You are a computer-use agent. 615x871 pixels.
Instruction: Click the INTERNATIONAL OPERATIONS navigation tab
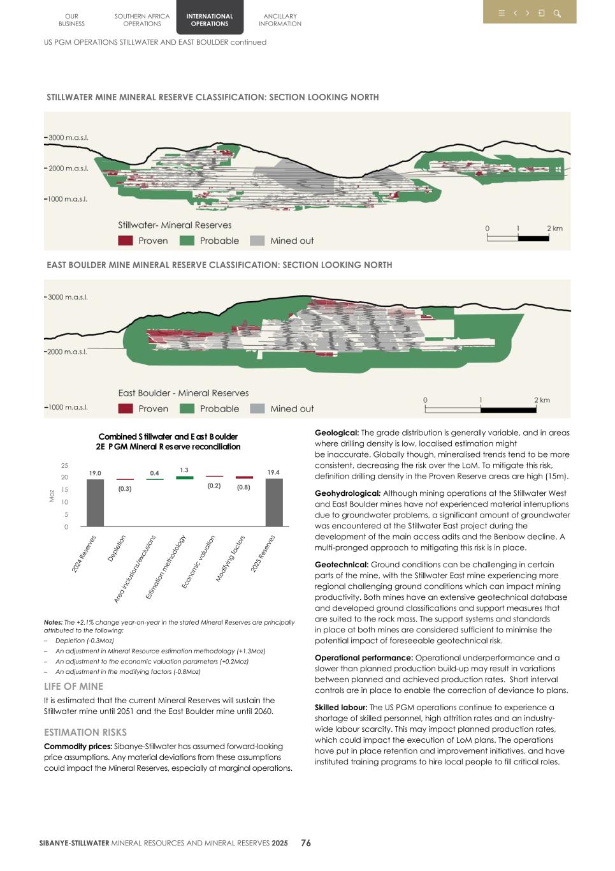pyautogui.click(x=209, y=20)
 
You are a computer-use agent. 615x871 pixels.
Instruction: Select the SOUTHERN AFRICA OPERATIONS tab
pyautogui.click(x=142, y=20)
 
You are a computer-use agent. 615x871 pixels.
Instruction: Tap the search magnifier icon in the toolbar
pyautogui.click(x=557, y=13)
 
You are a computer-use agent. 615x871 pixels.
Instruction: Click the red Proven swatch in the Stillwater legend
pyautogui.click(x=126, y=241)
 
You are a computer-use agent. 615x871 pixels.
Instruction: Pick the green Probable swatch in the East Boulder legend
pyautogui.click(x=187, y=408)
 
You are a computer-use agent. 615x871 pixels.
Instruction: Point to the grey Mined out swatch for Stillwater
pyautogui.click(x=257, y=241)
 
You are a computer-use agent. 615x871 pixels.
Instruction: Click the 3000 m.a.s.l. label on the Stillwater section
pyautogui.click(x=68, y=138)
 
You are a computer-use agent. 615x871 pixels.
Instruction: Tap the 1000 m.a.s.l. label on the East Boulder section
pyautogui.click(x=67, y=407)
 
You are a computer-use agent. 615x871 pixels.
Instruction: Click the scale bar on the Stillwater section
pyautogui.click(x=517, y=238)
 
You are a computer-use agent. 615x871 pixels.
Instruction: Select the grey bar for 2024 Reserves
pyautogui.click(x=95, y=503)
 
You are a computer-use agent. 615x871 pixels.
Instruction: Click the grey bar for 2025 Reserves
pyautogui.click(x=274, y=503)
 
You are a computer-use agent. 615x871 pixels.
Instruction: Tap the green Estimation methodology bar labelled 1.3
pyautogui.click(x=184, y=477)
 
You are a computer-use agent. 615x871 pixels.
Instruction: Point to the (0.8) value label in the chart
pyautogui.click(x=243, y=487)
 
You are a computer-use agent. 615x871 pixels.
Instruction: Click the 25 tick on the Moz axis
pyautogui.click(x=64, y=466)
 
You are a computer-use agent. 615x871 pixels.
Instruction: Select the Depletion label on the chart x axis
pyautogui.click(x=117, y=548)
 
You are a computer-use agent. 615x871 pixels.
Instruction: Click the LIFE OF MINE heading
pyautogui.click(x=73, y=687)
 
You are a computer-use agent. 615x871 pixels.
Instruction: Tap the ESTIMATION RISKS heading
pyautogui.click(x=85, y=733)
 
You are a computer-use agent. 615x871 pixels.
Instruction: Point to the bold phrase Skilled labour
pyautogui.click(x=340, y=708)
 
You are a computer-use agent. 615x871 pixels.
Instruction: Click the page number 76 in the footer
pyautogui.click(x=306, y=843)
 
